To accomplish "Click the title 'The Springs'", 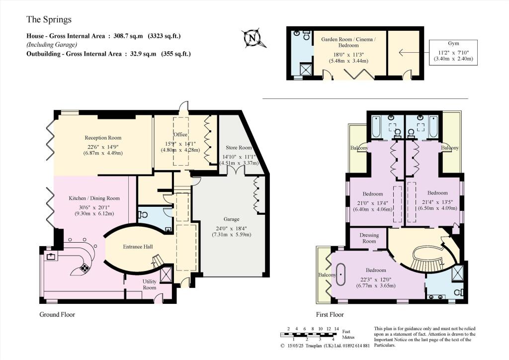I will point(49,20).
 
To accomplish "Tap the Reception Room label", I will point(102,138).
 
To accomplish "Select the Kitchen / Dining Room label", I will point(94,198).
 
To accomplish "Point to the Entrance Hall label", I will point(138,247).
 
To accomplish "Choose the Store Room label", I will point(238,148).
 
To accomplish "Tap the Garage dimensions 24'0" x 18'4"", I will point(232,227).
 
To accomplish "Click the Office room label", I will point(180,135).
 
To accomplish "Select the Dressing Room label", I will point(369,238).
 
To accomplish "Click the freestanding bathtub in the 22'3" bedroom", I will point(341,275).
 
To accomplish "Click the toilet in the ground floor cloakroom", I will point(144,215).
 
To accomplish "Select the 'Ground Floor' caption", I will point(57,314).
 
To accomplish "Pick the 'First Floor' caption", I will point(330,314).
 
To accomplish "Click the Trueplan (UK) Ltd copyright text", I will point(324,346).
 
